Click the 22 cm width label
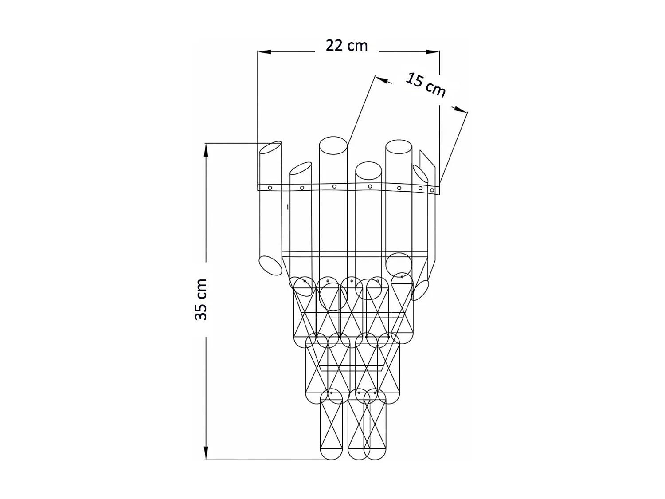(347, 46)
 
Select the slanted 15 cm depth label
(426, 85)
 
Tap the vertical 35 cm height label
(201, 300)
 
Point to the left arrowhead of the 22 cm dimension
(264, 52)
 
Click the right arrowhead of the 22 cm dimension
(433, 52)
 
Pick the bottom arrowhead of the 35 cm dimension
(206, 453)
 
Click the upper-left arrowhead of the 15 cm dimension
(382, 79)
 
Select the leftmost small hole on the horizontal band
(270, 188)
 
